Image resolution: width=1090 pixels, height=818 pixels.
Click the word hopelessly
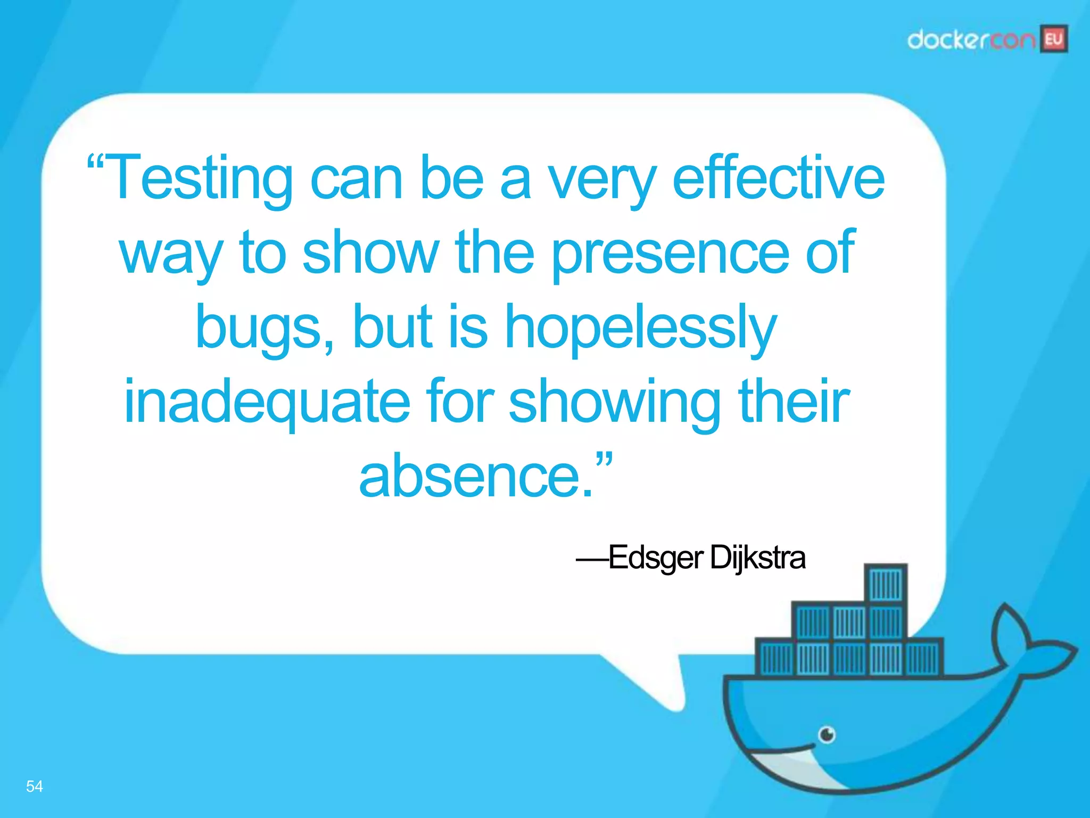click(641, 328)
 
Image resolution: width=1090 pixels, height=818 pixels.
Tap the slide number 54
click(35, 786)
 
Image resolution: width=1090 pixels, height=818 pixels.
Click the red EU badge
click(1054, 39)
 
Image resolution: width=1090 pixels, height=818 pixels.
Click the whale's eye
click(827, 735)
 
